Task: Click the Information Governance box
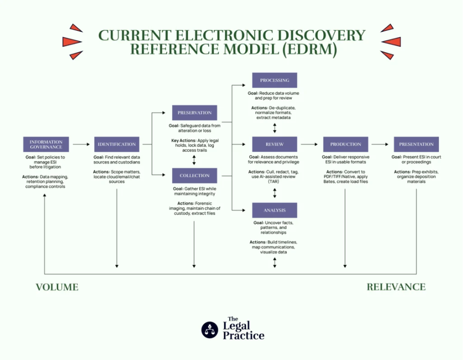(x=46, y=144)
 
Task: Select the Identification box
(x=117, y=144)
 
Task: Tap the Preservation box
(x=194, y=112)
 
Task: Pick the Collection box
(x=194, y=175)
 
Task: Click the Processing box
(x=275, y=80)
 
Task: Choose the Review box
(x=275, y=144)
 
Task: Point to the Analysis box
(x=275, y=210)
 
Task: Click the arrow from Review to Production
(x=309, y=144)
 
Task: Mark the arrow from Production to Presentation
(x=380, y=144)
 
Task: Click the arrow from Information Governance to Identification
(x=81, y=144)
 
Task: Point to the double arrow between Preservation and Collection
(x=194, y=159)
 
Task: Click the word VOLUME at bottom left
(x=57, y=287)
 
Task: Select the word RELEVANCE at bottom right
(x=396, y=287)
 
